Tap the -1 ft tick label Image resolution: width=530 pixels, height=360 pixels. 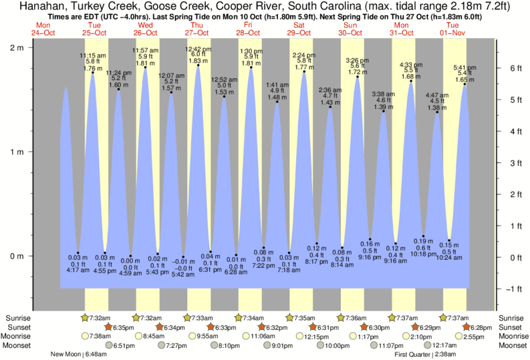coord(512,289)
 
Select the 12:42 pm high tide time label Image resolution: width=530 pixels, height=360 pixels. coord(198,49)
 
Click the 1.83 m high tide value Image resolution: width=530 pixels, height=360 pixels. coord(198,61)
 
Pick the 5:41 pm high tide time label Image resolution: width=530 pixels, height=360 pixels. coord(465,67)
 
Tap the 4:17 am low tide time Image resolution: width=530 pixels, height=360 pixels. coord(78,271)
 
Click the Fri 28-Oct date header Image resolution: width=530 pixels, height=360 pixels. coord(247,29)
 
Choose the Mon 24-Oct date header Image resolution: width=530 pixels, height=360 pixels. coord(41,29)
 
